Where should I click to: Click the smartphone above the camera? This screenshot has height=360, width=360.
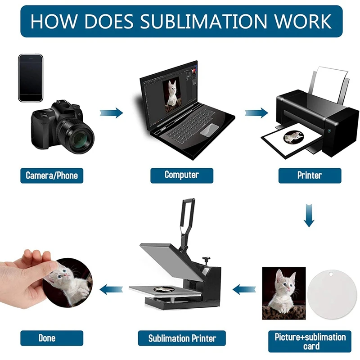[x=31, y=77]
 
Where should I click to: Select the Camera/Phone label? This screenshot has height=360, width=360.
[x=52, y=175]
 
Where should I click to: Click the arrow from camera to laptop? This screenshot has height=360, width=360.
[x=111, y=112]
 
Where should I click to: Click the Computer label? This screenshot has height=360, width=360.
[x=181, y=175]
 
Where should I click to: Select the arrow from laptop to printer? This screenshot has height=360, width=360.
[x=256, y=112]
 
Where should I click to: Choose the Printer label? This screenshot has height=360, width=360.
[x=310, y=175]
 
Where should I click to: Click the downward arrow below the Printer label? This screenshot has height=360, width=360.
[x=309, y=215]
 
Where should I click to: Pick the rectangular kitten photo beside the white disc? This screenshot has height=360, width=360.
[x=283, y=293]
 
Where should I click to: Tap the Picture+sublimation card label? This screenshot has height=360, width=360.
[x=310, y=341]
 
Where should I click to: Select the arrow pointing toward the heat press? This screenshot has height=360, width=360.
[x=243, y=288]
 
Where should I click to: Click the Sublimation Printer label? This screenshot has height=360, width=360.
[x=182, y=338]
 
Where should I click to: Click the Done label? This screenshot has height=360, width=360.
[x=47, y=338]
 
